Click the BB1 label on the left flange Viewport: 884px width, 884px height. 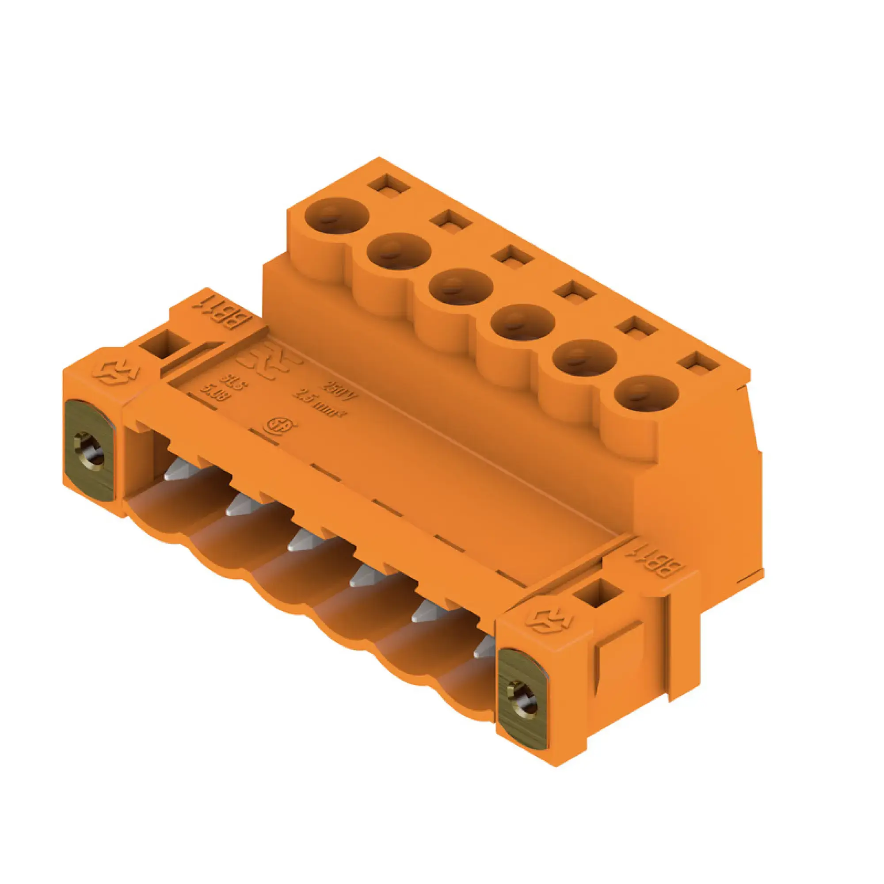click(x=221, y=315)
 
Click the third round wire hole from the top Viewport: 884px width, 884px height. click(x=461, y=288)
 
